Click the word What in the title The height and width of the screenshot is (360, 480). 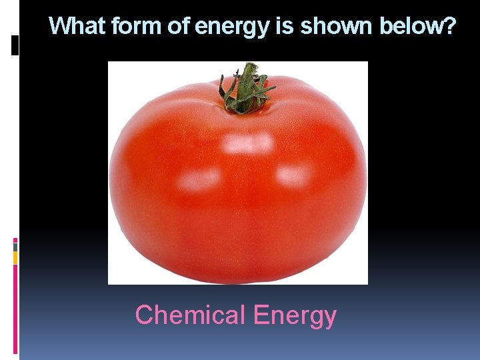click(x=78, y=27)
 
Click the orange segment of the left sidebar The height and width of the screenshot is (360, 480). click(x=15, y=257)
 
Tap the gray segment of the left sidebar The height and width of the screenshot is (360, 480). click(x=15, y=247)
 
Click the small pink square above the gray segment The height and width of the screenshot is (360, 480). click(x=15, y=240)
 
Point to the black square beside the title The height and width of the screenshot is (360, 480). click(x=15, y=45)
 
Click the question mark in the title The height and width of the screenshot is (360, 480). click(x=450, y=27)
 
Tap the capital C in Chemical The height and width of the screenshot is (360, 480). click(x=144, y=315)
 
